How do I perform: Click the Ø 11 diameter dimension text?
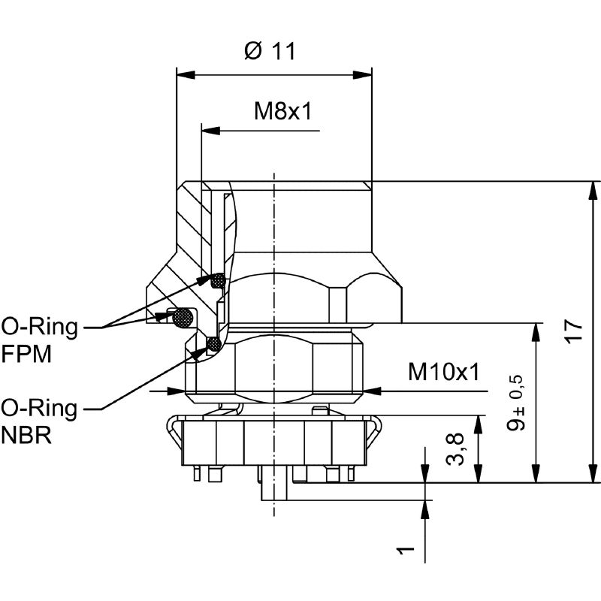click(270, 51)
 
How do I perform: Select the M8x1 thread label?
click(282, 111)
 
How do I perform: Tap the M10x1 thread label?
click(443, 371)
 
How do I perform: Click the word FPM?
click(26, 355)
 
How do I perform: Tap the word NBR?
click(26, 436)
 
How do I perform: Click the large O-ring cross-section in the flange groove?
click(183, 319)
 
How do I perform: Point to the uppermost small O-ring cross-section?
click(218, 281)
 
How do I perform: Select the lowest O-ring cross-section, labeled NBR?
click(214, 345)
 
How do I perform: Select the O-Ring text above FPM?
click(39, 328)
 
